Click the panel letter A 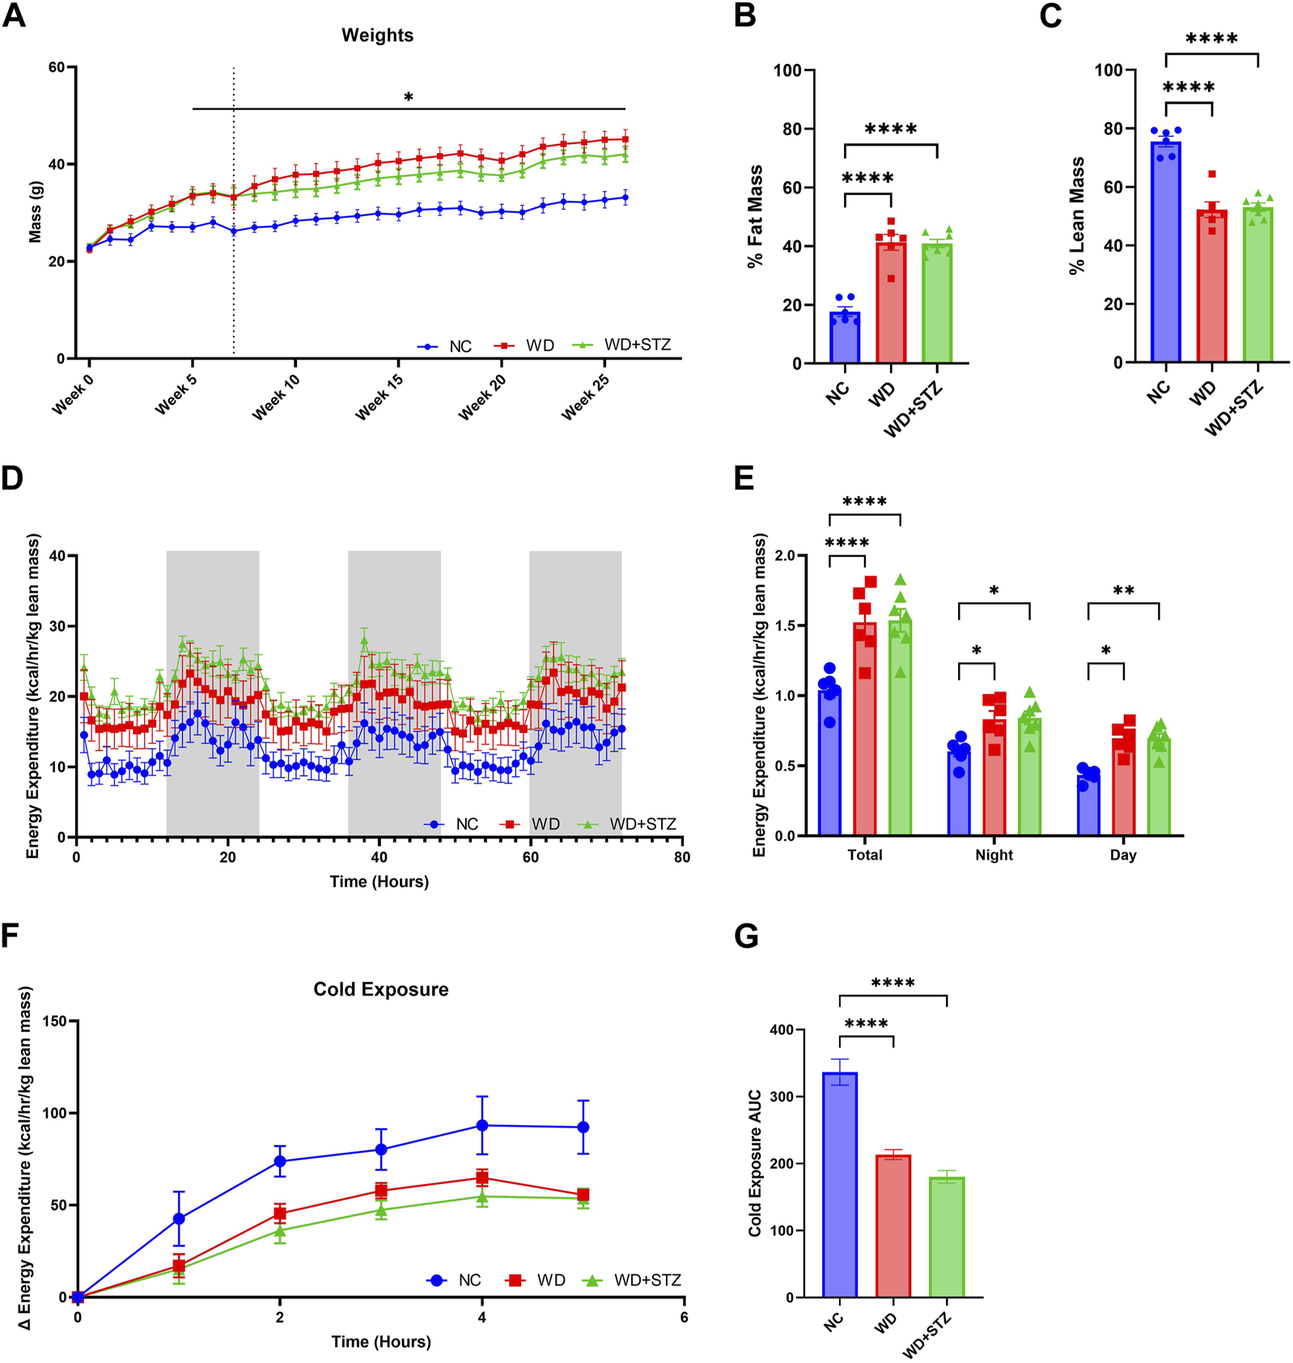pyautogui.click(x=15, y=15)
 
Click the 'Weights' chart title pyautogui.click(x=377, y=36)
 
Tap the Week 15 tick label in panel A pyautogui.click(x=379, y=397)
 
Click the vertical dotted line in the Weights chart pyautogui.click(x=234, y=243)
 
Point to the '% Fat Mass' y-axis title pyautogui.click(x=755, y=217)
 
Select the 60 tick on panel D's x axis pyautogui.click(x=530, y=857)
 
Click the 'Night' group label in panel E pyautogui.click(x=994, y=856)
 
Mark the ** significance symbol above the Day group pyautogui.click(x=1123, y=591)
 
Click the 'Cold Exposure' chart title pyautogui.click(x=380, y=989)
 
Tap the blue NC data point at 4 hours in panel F pyautogui.click(x=482, y=1126)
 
